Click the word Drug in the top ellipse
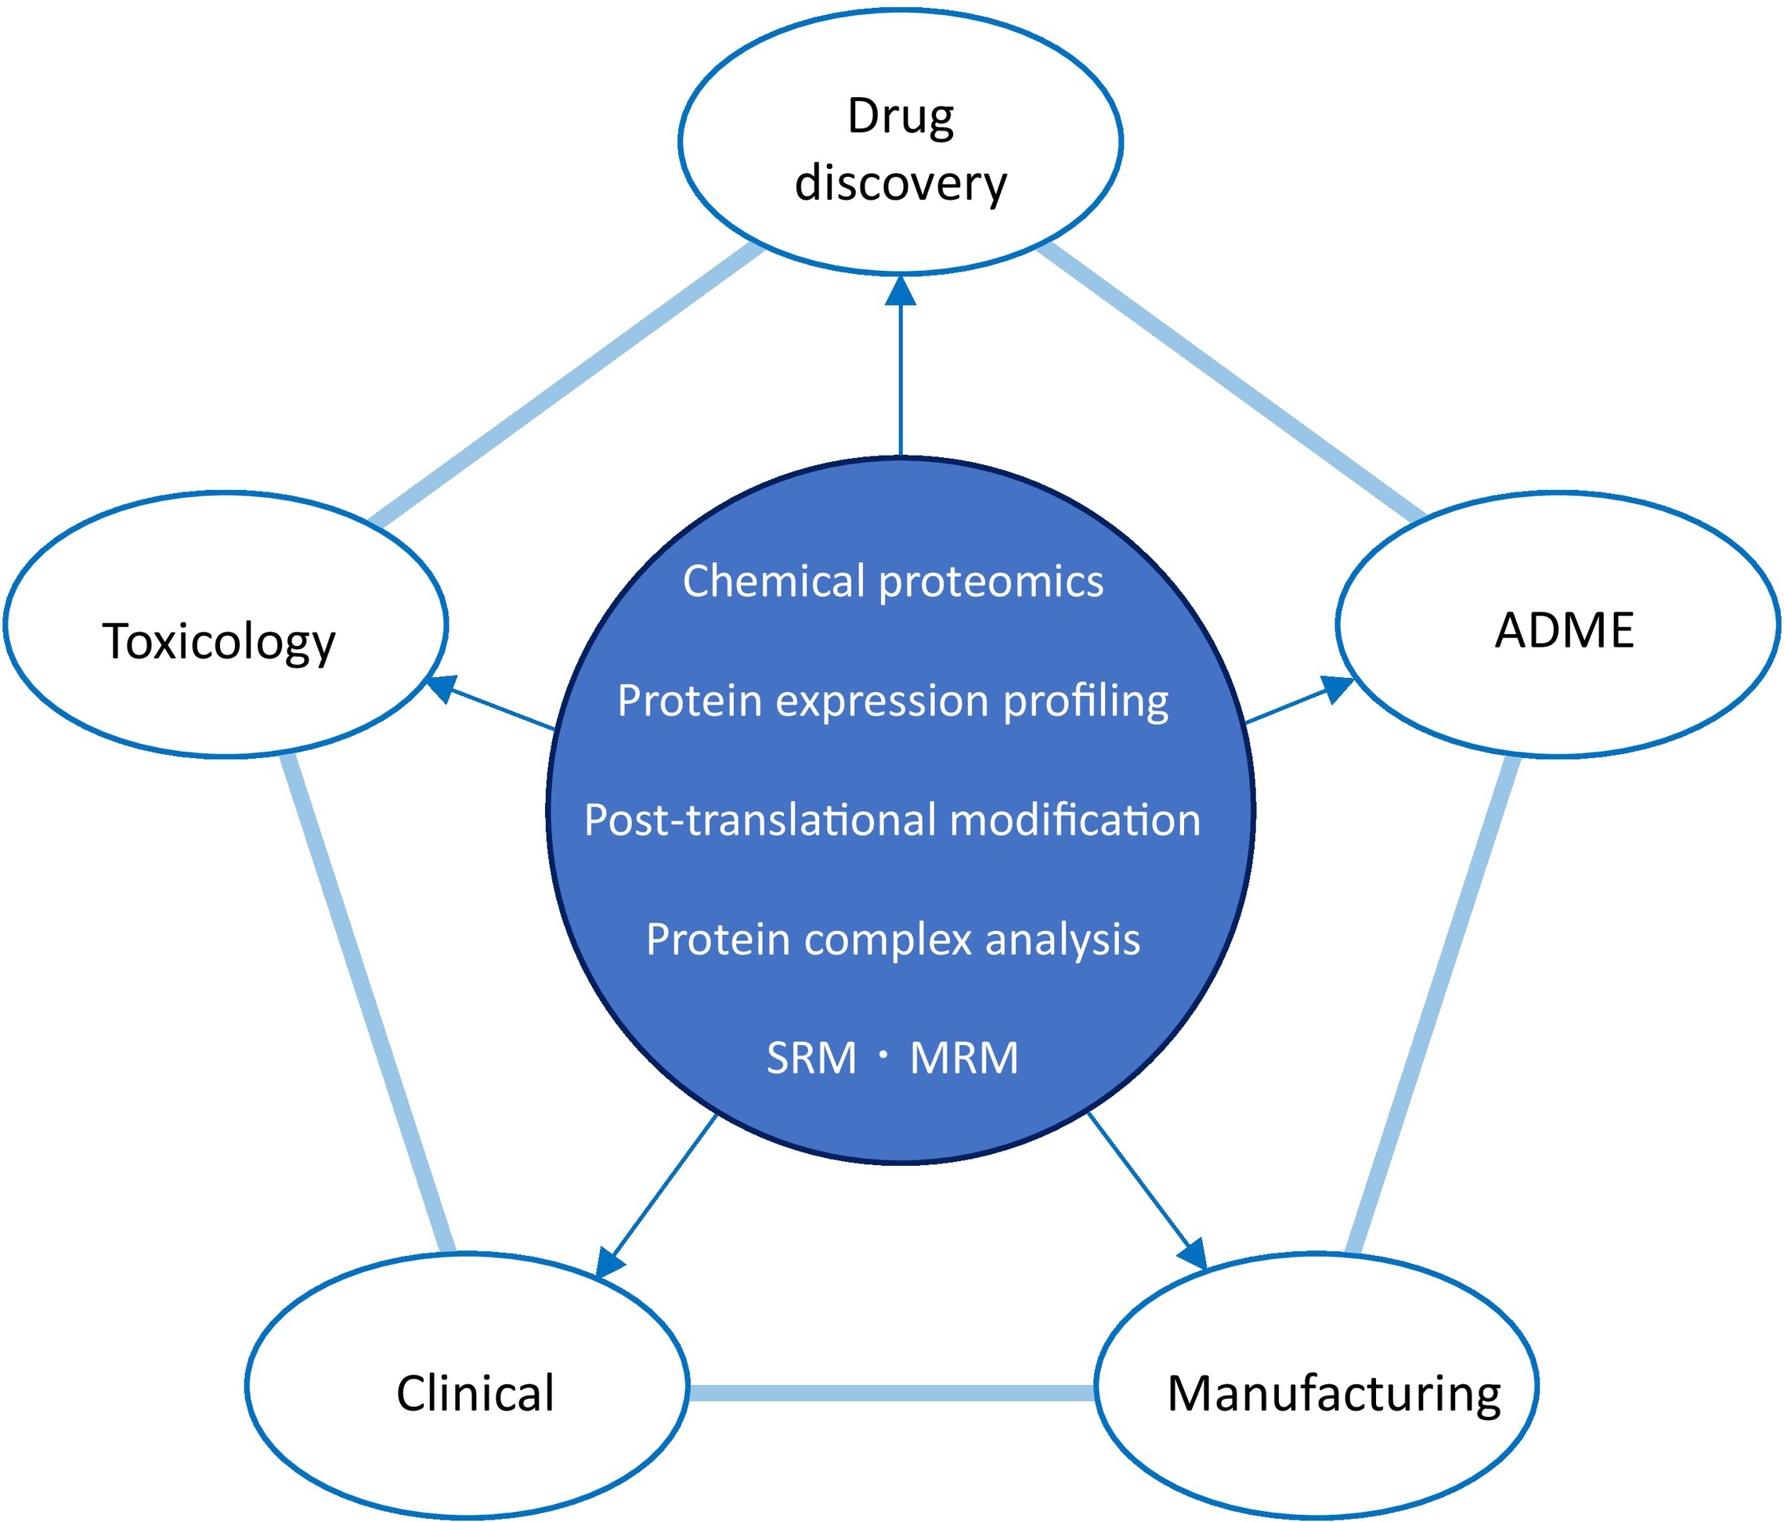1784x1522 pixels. [x=901, y=117]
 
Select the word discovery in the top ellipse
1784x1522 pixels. [x=901, y=183]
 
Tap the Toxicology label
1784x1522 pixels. [x=218, y=642]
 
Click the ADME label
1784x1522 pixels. [x=1565, y=630]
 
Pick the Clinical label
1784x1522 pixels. [x=475, y=1393]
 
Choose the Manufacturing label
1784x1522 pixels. [x=1334, y=1393]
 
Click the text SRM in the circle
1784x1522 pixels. [x=811, y=1058]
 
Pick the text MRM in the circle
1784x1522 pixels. [x=964, y=1058]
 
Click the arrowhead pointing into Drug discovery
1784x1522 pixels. [x=901, y=291]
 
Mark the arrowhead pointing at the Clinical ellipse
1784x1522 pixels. [x=609, y=1263]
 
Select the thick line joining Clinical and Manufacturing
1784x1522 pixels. [x=891, y=1393]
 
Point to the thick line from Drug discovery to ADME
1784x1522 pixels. [x=1231, y=383]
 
